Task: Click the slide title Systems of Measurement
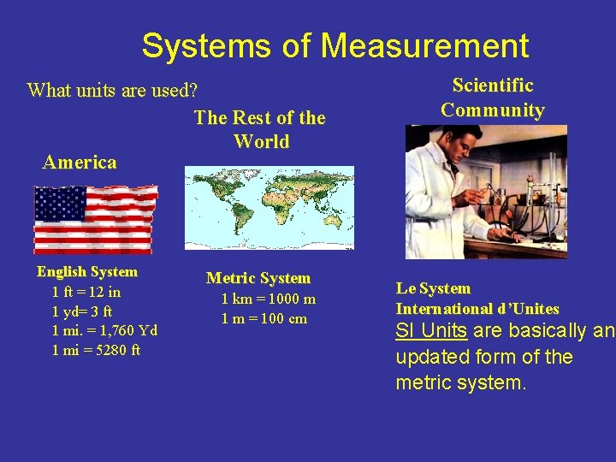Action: pos(335,45)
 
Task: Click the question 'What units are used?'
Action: pos(112,90)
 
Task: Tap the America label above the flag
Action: pos(80,162)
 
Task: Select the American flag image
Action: pos(94,219)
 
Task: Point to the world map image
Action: pos(269,207)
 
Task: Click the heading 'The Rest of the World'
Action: pos(260,129)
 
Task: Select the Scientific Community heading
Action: pos(493,98)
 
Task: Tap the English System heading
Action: pos(86,272)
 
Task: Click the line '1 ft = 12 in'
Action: pos(86,292)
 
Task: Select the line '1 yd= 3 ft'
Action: pos(82,311)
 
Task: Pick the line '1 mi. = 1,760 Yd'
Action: pos(104,330)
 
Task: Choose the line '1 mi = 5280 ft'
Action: pos(97,350)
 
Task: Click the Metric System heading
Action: pos(258,278)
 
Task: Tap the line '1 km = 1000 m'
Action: pos(268,299)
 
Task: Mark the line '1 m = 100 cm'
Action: pos(264,318)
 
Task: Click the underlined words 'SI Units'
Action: pos(430,331)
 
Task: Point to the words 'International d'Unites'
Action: pos(477,309)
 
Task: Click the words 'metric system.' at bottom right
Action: pos(461,382)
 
